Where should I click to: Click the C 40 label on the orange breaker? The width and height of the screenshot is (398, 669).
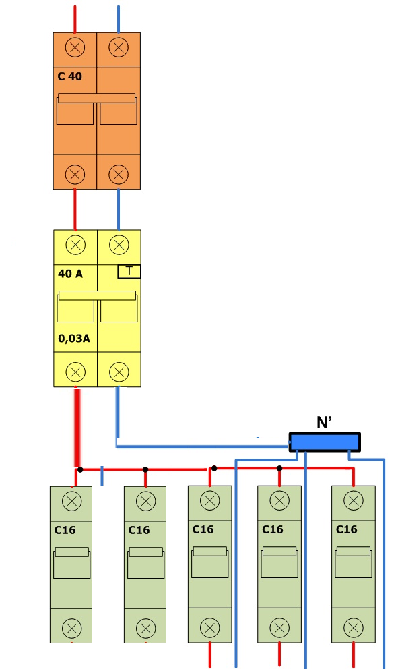(x=69, y=76)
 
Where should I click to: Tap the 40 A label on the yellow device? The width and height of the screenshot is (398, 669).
(x=70, y=274)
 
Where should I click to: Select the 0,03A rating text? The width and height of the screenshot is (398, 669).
(x=74, y=339)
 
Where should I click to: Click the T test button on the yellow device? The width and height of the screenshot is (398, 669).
(x=129, y=271)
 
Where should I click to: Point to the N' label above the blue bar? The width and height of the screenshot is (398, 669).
(x=325, y=422)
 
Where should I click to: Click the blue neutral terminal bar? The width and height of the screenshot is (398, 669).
(x=325, y=442)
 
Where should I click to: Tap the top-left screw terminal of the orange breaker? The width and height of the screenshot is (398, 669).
(x=75, y=47)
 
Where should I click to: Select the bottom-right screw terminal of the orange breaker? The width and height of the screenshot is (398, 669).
(x=119, y=174)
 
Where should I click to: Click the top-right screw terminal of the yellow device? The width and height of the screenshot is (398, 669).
(x=119, y=245)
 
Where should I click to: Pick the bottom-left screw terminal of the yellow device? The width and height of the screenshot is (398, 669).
(x=75, y=372)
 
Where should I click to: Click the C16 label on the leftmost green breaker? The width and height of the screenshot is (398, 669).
(x=65, y=530)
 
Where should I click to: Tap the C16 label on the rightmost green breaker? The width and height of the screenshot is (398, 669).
(x=346, y=529)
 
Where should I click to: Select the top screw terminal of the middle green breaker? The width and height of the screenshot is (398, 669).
(x=209, y=500)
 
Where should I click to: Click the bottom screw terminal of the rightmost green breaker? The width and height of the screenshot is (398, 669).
(x=354, y=628)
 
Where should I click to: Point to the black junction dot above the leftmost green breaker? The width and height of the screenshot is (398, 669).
(x=80, y=470)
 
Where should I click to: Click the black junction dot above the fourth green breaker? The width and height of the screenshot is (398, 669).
(x=279, y=469)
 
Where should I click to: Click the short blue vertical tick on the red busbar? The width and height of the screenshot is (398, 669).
(x=102, y=475)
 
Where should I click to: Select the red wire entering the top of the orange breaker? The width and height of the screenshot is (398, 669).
(x=75, y=19)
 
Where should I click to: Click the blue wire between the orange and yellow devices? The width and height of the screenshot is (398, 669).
(x=119, y=210)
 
